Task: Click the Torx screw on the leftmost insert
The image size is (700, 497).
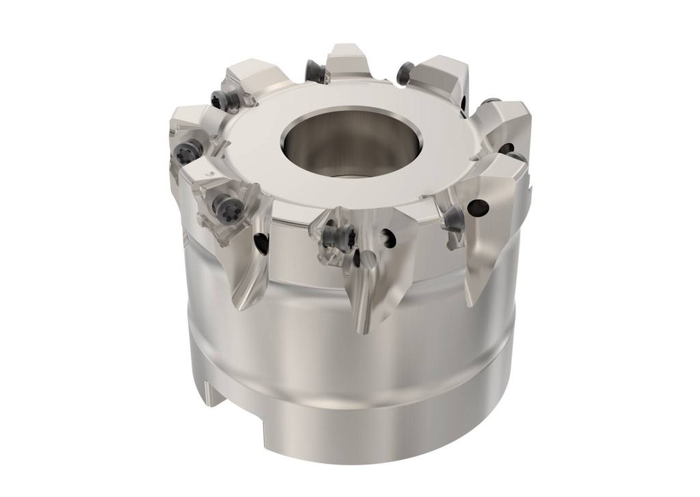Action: tap(185, 153)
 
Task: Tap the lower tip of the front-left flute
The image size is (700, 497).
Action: tap(241, 305)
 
